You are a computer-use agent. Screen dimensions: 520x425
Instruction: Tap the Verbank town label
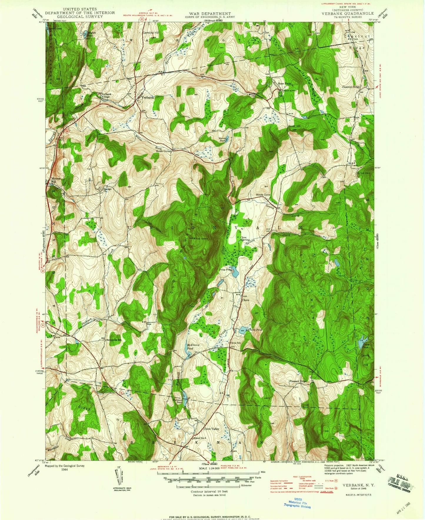(147, 97)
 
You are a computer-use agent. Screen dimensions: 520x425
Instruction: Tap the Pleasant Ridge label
(298, 381)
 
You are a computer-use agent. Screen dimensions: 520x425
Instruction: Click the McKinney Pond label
(194, 347)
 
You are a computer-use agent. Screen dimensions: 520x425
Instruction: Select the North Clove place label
(263, 195)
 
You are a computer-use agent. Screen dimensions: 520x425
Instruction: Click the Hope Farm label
(284, 84)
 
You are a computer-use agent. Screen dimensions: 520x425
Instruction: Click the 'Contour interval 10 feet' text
(209, 491)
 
